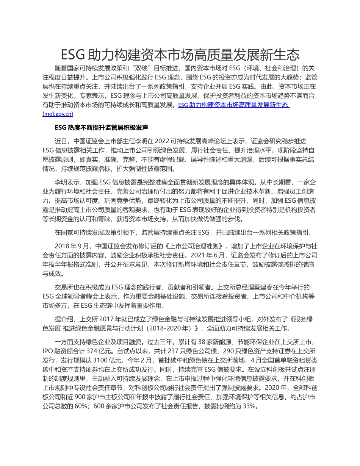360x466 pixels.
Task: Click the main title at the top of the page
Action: point(180,55)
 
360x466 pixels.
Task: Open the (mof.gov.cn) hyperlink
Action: point(58,114)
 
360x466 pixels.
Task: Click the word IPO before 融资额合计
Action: point(48,351)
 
